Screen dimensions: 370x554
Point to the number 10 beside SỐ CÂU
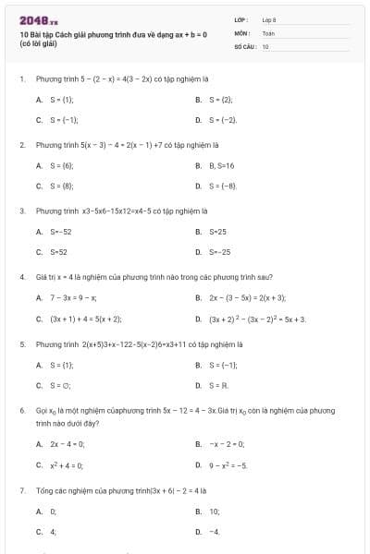click(x=265, y=44)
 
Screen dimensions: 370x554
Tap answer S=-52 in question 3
click(x=60, y=231)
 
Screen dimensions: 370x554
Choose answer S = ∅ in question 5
click(x=60, y=385)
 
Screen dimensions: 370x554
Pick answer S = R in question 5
click(x=218, y=385)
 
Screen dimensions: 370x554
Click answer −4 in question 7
click(x=214, y=532)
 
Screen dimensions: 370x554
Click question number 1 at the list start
click(x=21, y=78)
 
